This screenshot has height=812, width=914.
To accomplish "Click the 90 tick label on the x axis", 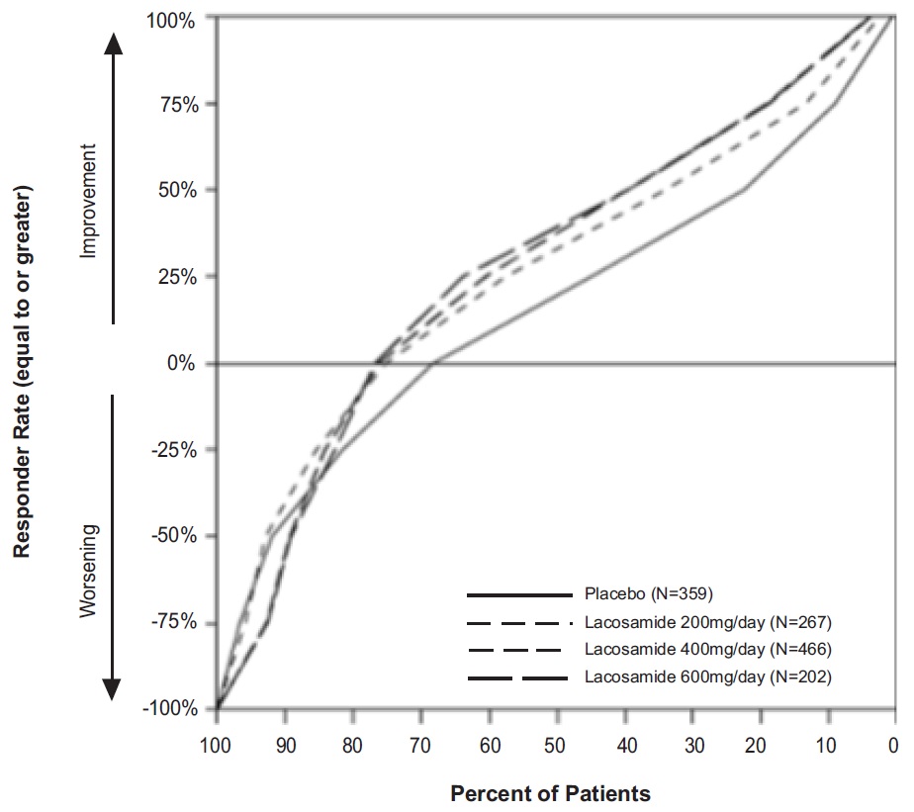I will [284, 745].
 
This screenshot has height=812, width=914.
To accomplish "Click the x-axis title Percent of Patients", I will [551, 793].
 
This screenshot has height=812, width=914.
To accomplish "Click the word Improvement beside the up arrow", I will [89, 202].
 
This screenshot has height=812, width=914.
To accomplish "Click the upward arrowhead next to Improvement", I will [114, 43].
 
